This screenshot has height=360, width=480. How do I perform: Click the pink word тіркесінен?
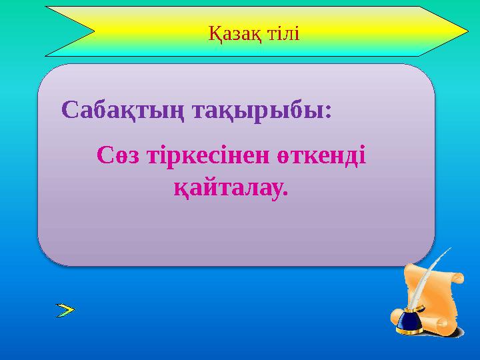(206, 156)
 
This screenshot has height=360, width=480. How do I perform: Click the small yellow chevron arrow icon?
(65, 309)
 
